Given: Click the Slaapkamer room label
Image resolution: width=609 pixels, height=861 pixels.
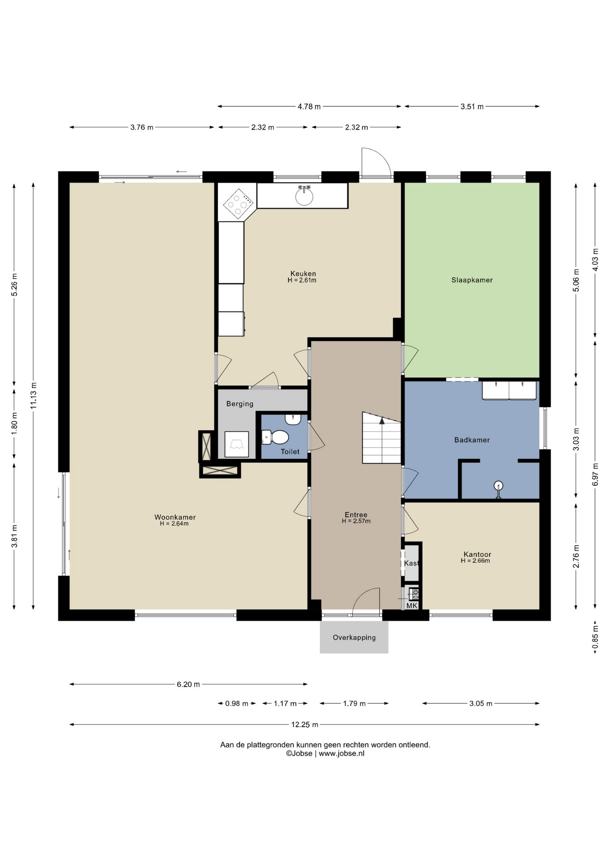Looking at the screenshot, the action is pyautogui.click(x=472, y=280).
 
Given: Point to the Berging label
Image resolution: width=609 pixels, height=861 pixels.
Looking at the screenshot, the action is pyautogui.click(x=240, y=404).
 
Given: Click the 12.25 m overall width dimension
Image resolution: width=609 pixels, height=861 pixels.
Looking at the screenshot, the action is pyautogui.click(x=304, y=724).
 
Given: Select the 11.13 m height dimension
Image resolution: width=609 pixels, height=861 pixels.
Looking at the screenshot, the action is pyautogui.click(x=33, y=396).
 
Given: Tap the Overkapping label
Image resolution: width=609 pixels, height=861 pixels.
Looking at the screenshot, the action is pyautogui.click(x=354, y=637).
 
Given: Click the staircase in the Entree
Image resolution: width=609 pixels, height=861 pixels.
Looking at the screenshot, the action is pyautogui.click(x=382, y=438).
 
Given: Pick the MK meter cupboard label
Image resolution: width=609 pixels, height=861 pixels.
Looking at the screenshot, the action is pyautogui.click(x=412, y=606).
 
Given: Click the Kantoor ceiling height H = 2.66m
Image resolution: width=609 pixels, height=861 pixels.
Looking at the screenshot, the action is pyautogui.click(x=475, y=561).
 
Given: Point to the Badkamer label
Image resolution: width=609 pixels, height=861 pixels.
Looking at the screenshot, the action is pyautogui.click(x=472, y=440).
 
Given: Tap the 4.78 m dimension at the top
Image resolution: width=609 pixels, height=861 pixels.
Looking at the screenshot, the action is pyautogui.click(x=309, y=107).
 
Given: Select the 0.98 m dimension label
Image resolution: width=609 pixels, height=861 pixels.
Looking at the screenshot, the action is pyautogui.click(x=237, y=704).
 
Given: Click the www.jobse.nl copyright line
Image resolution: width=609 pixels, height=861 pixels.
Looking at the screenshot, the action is pyautogui.click(x=325, y=753).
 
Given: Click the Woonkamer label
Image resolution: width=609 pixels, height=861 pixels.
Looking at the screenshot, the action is pyautogui.click(x=175, y=517).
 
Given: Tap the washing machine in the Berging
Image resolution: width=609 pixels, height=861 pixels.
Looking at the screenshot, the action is pyautogui.click(x=236, y=444).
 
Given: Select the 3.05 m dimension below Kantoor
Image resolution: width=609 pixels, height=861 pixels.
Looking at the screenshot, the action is pyautogui.click(x=481, y=704).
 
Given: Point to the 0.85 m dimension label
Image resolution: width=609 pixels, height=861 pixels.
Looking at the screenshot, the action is pyautogui.click(x=595, y=637).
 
